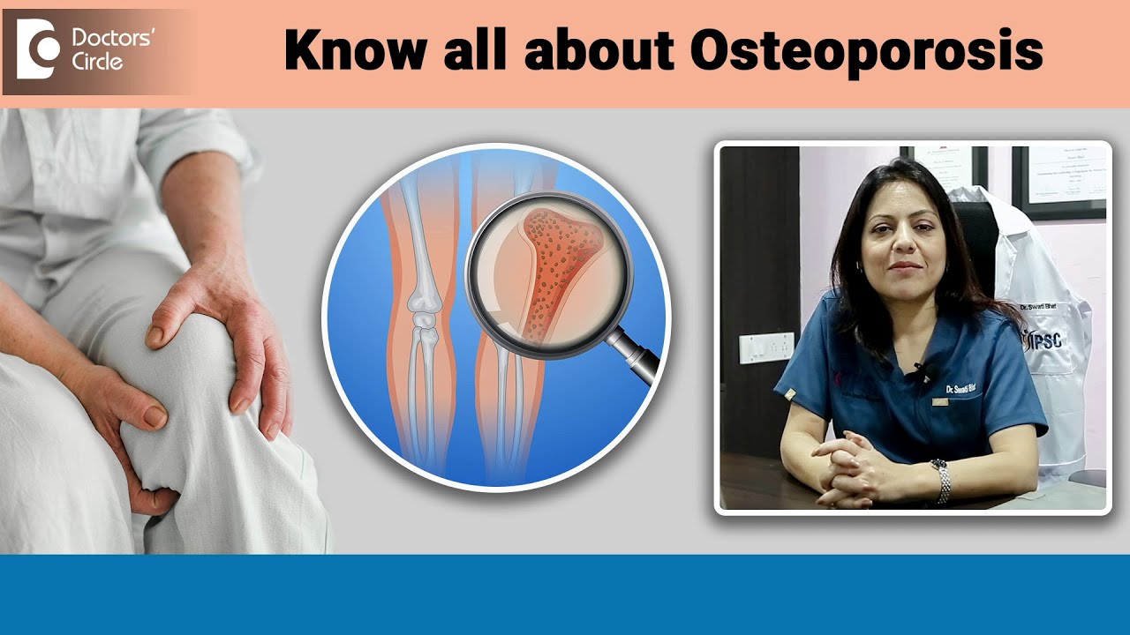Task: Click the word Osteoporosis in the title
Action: [x=866, y=52]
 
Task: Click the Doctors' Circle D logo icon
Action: [x=38, y=52]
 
